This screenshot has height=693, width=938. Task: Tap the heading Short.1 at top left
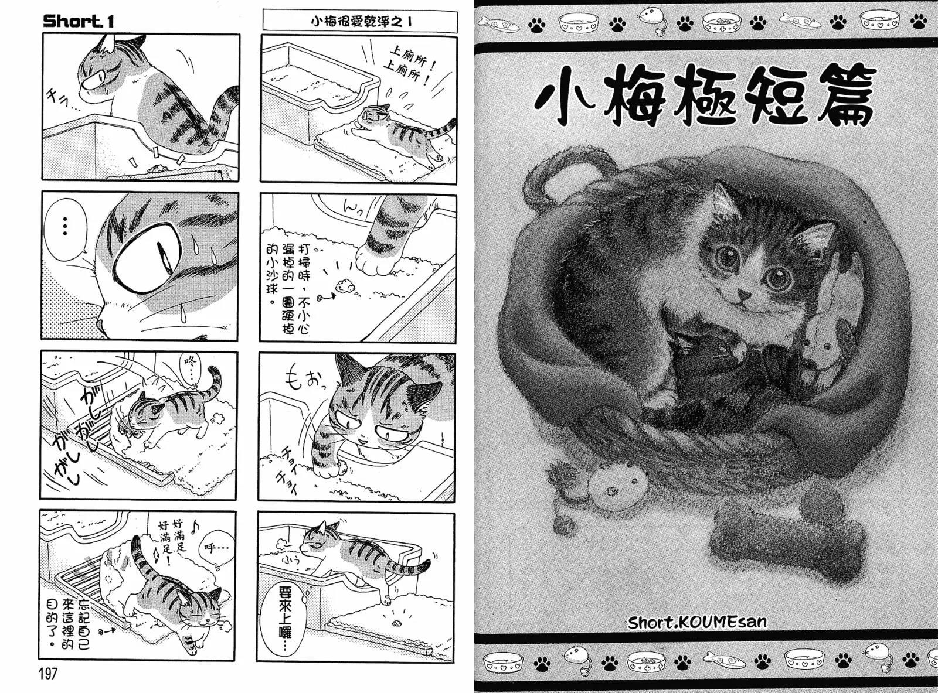(x=78, y=22)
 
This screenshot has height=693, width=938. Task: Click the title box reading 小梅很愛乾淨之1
(x=359, y=21)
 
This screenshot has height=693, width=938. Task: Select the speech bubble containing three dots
(x=65, y=226)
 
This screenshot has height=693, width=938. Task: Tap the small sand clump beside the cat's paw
(x=342, y=286)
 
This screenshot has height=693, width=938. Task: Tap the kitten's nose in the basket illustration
(x=743, y=292)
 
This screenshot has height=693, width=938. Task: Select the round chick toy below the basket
(x=617, y=483)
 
